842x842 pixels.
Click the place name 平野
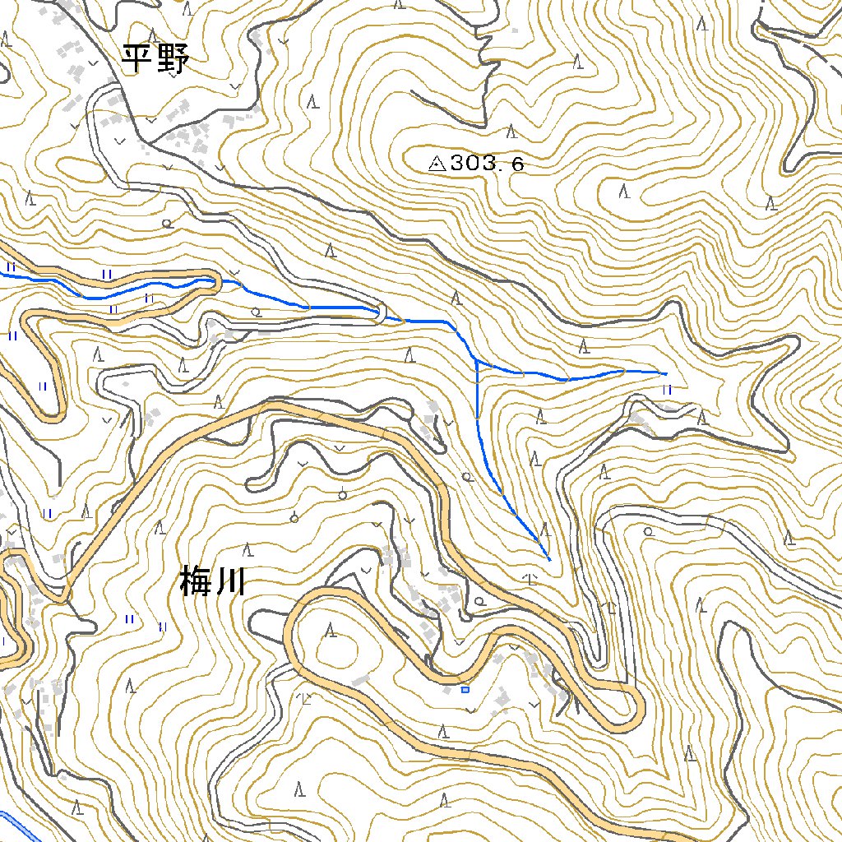155,59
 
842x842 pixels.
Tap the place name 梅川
212,584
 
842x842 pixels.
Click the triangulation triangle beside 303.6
437,164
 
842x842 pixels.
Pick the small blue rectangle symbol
465,690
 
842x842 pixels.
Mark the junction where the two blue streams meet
478,362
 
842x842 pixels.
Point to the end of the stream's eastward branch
664,373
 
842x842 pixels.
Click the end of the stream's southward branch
548,559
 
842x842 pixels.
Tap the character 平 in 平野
137,59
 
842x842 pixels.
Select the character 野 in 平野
173,59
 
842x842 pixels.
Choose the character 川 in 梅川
231,584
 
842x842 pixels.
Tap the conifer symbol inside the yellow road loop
331,631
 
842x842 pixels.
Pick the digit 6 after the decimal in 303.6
516,164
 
